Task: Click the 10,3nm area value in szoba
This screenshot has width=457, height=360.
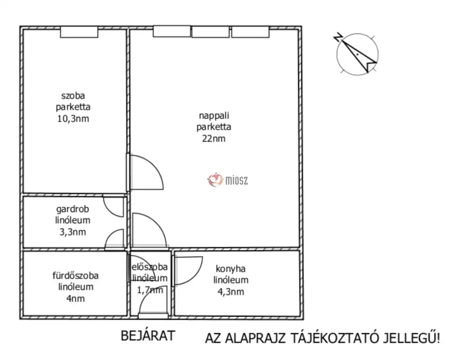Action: tap(73, 119)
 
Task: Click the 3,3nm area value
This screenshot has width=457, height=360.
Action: tap(73, 231)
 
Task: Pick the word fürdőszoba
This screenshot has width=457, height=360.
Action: tap(74, 276)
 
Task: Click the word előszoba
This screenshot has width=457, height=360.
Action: tap(149, 267)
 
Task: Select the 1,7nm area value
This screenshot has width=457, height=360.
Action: tap(150, 290)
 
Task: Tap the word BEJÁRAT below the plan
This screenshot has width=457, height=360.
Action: tap(148, 336)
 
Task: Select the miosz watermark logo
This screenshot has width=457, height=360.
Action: tap(228, 180)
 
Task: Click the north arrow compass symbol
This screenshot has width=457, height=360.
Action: tap(357, 54)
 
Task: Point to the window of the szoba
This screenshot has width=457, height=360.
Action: tap(79, 32)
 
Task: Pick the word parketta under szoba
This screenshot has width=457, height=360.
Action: tap(73, 107)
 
